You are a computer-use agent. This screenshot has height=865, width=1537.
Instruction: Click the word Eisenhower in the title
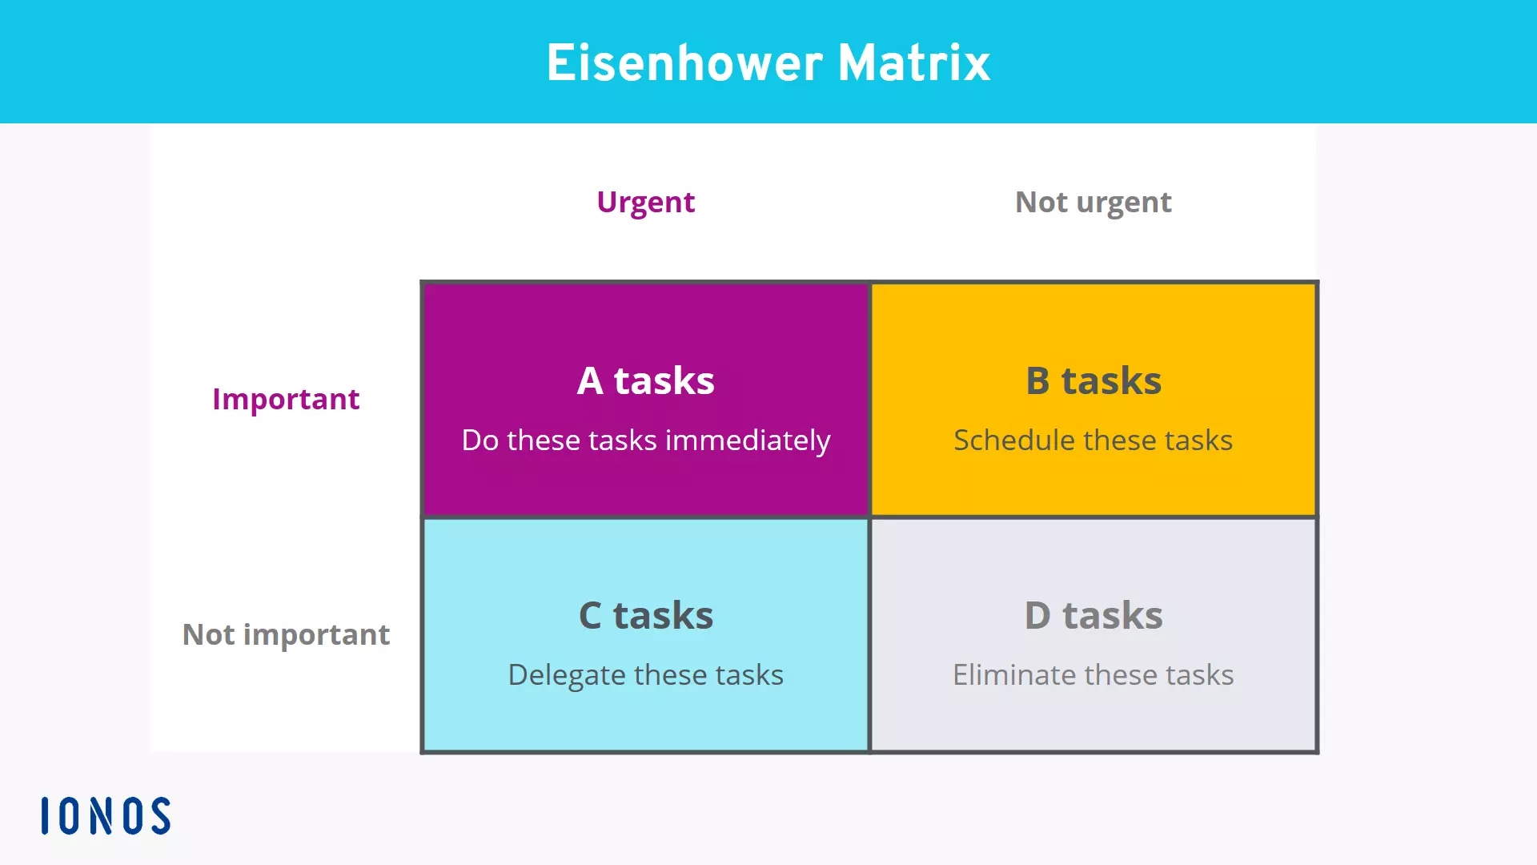coord(684,63)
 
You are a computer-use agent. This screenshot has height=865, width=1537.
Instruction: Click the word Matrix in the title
coord(913,63)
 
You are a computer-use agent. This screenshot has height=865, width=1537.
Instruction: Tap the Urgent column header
coord(645,202)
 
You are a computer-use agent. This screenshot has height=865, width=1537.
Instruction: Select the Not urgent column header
coord(1093,202)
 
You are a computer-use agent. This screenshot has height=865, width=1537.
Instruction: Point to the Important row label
coord(286,399)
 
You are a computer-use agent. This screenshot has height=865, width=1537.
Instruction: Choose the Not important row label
coord(286,634)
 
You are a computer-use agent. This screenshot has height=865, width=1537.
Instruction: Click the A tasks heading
coord(645,380)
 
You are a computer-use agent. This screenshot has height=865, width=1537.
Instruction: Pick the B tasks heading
coord(1093,380)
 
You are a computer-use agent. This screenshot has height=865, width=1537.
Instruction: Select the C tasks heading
coord(645,616)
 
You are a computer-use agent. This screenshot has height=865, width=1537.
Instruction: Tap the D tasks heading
coord(1093,616)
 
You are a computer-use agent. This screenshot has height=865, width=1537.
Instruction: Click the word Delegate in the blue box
coord(567,675)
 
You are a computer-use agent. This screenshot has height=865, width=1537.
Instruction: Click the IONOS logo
coord(106,815)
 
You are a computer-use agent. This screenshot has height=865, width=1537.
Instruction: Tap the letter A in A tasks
coord(590,381)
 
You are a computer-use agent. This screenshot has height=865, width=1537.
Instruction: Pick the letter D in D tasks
coord(1037,616)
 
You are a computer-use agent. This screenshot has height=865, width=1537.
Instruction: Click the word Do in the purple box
coord(480,441)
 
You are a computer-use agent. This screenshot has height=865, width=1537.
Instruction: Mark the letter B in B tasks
coord(1037,381)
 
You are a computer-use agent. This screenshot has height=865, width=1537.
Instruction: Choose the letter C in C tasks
coord(590,616)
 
